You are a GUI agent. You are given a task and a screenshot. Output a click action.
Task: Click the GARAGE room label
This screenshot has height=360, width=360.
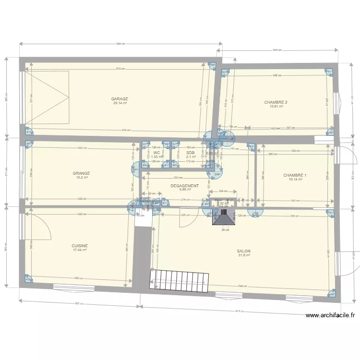[120, 99]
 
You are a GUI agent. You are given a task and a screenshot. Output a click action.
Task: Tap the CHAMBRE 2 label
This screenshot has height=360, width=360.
[276, 102]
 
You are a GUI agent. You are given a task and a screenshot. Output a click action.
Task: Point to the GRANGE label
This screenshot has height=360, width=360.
[82, 173]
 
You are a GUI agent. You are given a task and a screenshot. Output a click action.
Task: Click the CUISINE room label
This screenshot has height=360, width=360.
[80, 246]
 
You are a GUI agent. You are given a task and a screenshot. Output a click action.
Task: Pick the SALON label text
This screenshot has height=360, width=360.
[243, 251]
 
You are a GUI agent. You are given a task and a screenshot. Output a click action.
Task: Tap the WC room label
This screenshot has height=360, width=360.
[156, 153]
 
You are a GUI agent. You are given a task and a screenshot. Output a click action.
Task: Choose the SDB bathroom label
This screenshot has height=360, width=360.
[191, 153]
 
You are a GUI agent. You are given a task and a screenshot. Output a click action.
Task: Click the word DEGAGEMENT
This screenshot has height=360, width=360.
[184, 186]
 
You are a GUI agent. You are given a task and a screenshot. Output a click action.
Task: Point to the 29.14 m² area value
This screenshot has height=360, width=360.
[120, 103]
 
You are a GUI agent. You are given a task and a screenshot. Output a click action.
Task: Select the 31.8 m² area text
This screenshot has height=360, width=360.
[243, 255]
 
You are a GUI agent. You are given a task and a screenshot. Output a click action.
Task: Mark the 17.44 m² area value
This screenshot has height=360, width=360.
[80, 250]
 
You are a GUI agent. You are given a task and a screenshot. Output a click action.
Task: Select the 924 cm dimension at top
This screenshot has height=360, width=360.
[120, 44]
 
